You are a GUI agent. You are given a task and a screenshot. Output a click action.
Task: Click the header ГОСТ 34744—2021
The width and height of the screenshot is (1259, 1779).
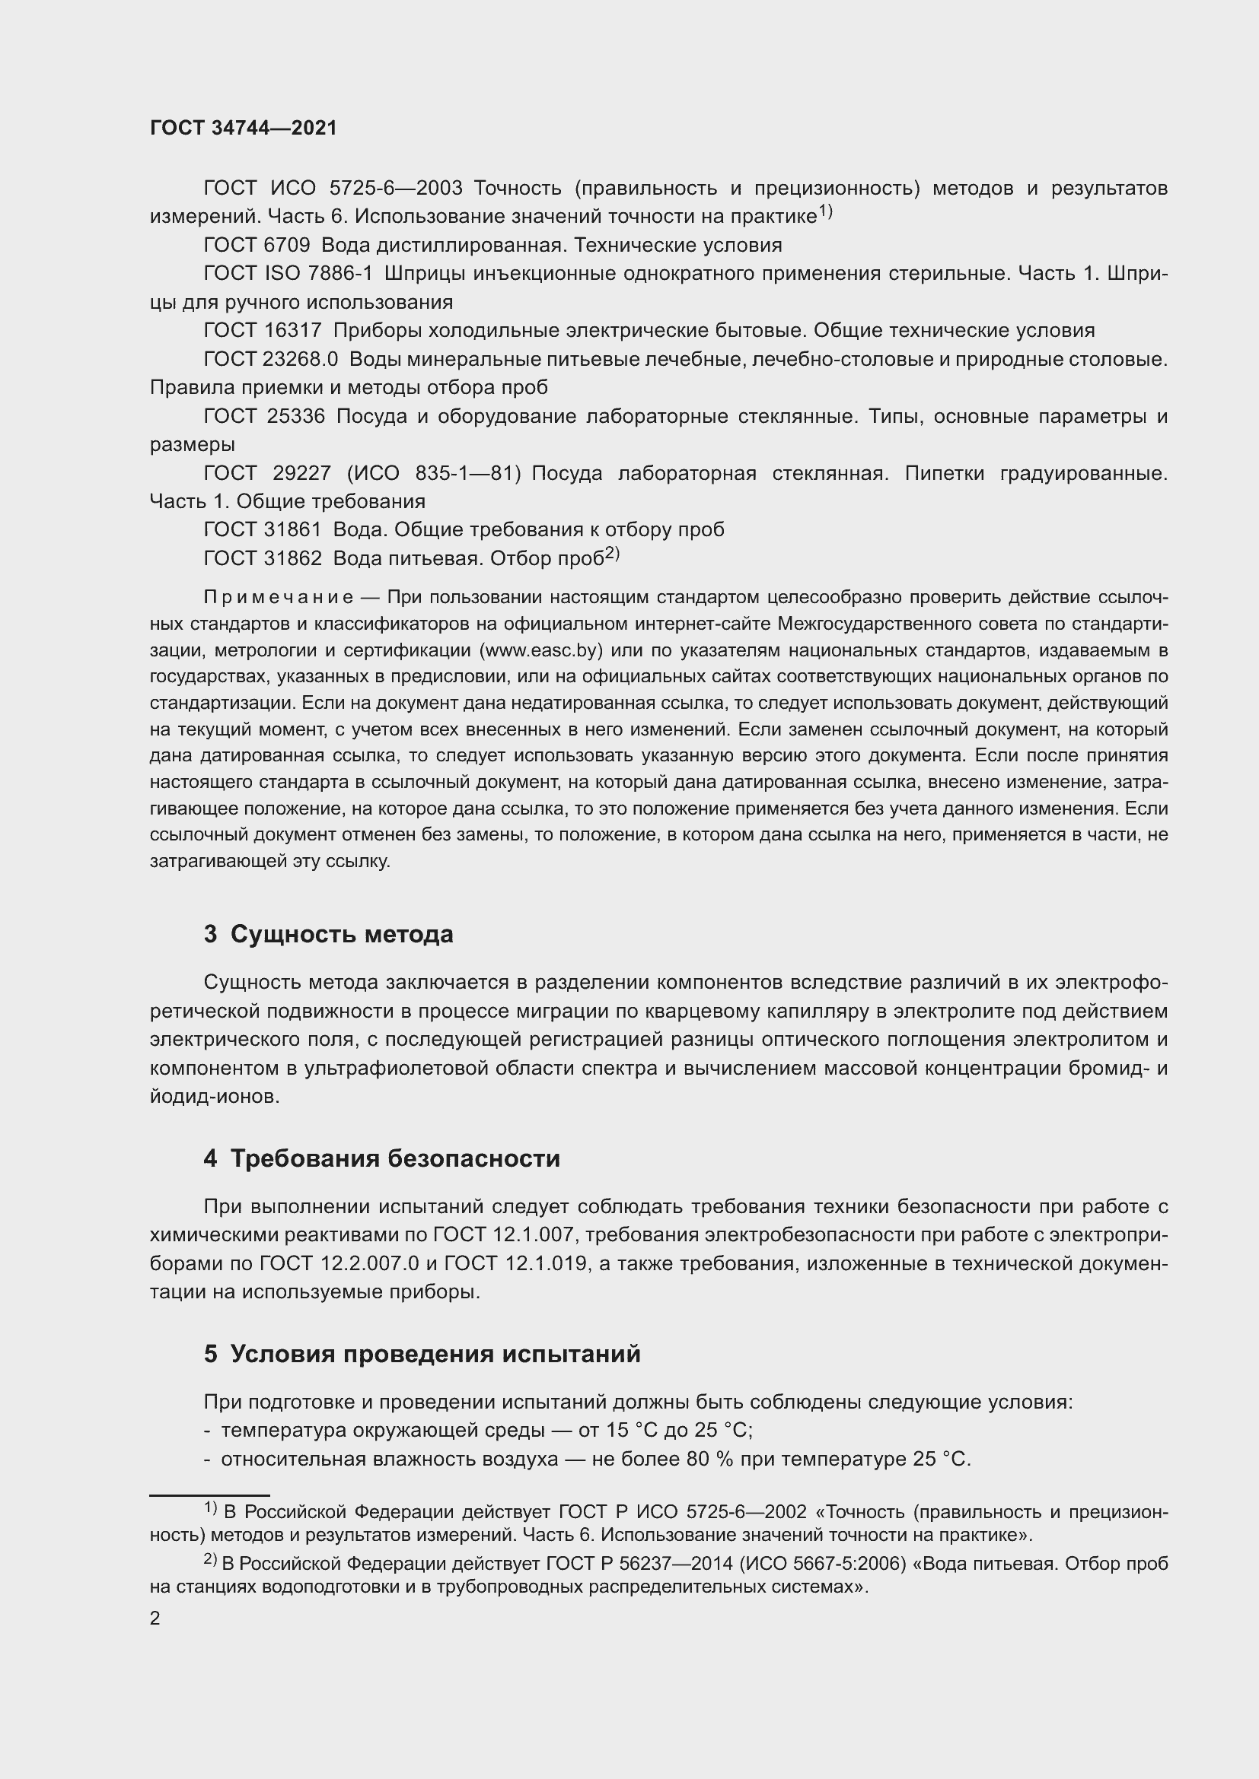tap(244, 129)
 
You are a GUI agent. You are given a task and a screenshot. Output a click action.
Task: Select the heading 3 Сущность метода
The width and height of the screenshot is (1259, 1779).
tap(329, 935)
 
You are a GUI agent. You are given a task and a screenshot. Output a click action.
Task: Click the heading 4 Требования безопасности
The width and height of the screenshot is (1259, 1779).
tap(381, 1158)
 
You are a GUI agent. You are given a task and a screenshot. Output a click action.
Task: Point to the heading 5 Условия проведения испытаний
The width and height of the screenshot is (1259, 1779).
tap(422, 1354)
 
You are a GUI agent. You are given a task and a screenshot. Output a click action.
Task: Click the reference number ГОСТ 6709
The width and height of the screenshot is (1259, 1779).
tap(257, 246)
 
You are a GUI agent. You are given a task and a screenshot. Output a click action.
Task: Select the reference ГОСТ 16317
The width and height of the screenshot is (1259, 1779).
tap(262, 331)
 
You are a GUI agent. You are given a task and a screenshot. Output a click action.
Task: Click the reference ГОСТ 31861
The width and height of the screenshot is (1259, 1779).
tap(262, 530)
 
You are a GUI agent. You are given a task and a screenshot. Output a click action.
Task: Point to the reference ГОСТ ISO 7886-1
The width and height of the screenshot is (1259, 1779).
tap(288, 275)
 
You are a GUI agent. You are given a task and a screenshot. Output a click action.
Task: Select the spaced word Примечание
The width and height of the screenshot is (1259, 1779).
tap(279, 597)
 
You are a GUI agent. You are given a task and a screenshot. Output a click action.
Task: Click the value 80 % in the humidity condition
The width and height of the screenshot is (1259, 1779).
tap(709, 1460)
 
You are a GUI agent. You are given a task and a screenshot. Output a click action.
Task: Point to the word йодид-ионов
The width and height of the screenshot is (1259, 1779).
tap(214, 1098)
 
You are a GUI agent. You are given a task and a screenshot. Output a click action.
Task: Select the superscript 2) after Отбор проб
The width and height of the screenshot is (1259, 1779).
tap(613, 554)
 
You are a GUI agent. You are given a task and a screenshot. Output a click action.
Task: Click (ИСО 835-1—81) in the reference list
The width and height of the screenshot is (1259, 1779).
tap(433, 473)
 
